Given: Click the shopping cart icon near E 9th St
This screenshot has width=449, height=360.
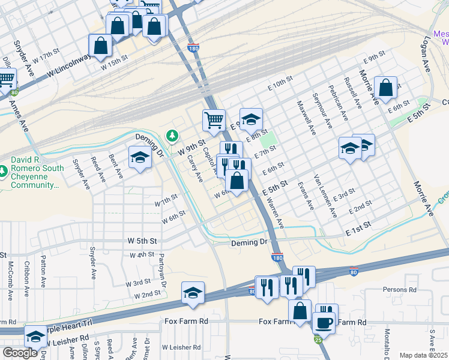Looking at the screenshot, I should tap(214, 120).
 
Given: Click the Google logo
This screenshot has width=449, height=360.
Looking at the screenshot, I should tap(20, 352).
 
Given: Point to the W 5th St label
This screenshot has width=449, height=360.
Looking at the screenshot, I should tap(142, 241).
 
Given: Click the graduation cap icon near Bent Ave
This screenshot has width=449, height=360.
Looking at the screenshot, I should tap(139, 158).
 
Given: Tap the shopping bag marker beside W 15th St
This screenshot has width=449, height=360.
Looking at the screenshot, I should tap(100, 44).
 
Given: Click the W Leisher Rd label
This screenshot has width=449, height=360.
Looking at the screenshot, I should tap(181, 347).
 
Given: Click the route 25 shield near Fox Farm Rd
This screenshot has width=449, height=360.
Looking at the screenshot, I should tap(317, 340).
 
